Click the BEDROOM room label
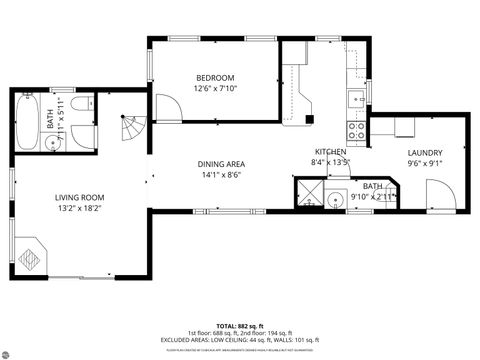214,77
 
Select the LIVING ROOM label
80,197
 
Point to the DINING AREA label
221,164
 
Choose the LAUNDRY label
425,151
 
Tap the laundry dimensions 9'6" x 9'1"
425,162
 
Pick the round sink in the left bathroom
59,142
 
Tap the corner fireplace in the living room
31,256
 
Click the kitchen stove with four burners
355,129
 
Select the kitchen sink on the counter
355,99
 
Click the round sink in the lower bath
337,200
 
